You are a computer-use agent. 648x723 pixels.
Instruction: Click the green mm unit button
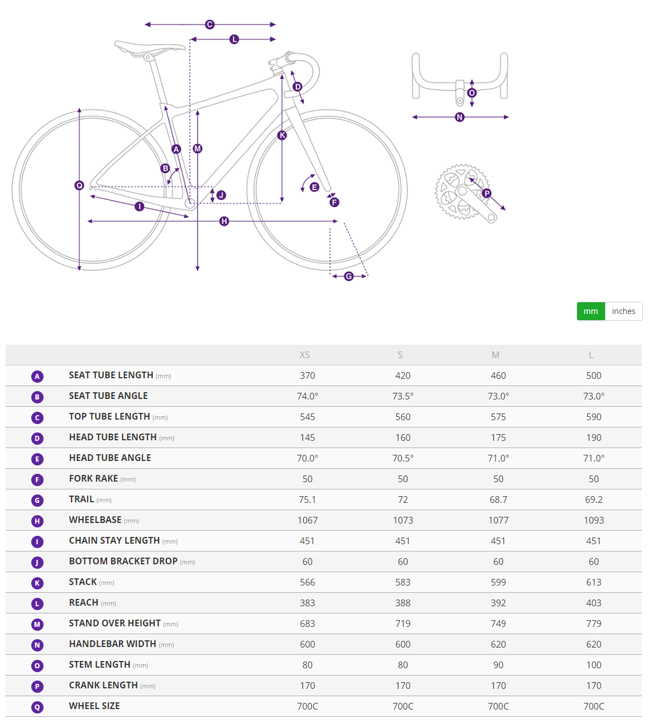tap(591, 311)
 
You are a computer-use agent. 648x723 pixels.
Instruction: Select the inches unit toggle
tap(623, 311)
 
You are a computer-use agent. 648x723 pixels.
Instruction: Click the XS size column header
tap(305, 355)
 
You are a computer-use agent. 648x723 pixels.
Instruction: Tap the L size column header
tap(591, 355)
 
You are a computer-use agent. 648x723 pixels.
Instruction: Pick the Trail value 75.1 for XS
tap(308, 500)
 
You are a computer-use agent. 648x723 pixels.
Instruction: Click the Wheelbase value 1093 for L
tap(594, 520)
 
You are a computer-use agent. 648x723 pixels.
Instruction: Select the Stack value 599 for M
tap(498, 582)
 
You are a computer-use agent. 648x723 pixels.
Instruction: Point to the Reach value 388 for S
tap(403, 603)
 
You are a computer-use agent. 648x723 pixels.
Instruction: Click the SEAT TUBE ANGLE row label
tap(108, 396)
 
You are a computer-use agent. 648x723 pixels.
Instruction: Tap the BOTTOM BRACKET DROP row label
tap(123, 561)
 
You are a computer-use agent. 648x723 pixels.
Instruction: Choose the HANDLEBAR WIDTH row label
tap(113, 644)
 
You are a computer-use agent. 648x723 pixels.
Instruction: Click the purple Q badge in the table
tap(37, 707)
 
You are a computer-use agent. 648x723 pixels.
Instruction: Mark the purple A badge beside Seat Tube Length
tap(37, 376)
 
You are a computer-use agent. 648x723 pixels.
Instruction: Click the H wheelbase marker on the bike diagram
tap(224, 221)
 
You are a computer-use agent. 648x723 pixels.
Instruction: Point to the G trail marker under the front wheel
tap(349, 276)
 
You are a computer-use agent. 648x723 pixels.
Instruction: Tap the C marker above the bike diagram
tap(210, 25)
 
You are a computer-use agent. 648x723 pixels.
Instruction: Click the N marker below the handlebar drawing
tap(460, 117)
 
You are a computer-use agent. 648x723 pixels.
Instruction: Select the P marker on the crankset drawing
tap(487, 193)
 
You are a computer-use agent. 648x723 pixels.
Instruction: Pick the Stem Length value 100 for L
tap(594, 665)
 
